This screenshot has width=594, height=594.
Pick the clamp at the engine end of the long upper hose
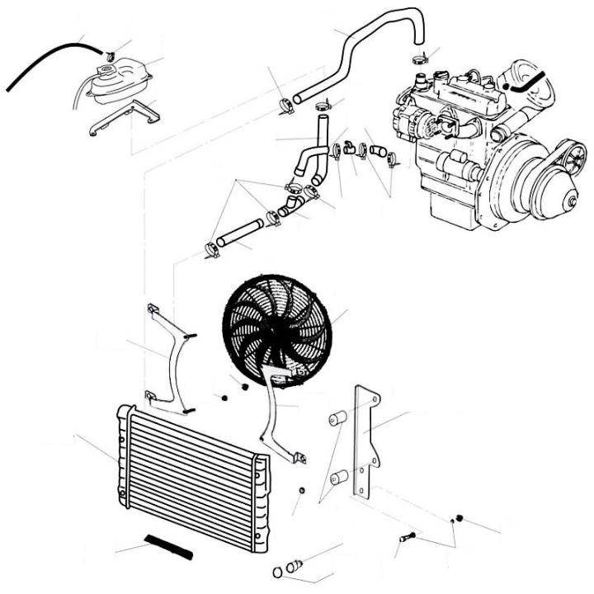[419, 59]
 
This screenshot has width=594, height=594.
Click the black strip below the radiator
[167, 545]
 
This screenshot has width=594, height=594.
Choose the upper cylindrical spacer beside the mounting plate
[336, 419]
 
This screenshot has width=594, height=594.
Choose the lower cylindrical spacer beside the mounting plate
[337, 477]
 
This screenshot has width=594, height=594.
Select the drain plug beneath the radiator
[294, 565]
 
